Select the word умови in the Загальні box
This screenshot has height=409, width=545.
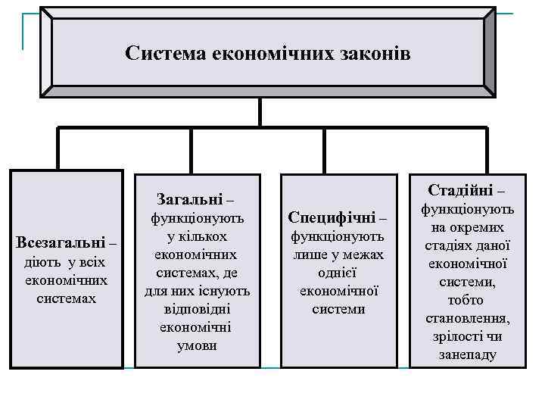point(197,345)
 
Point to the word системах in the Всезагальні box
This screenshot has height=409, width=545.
point(67,298)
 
